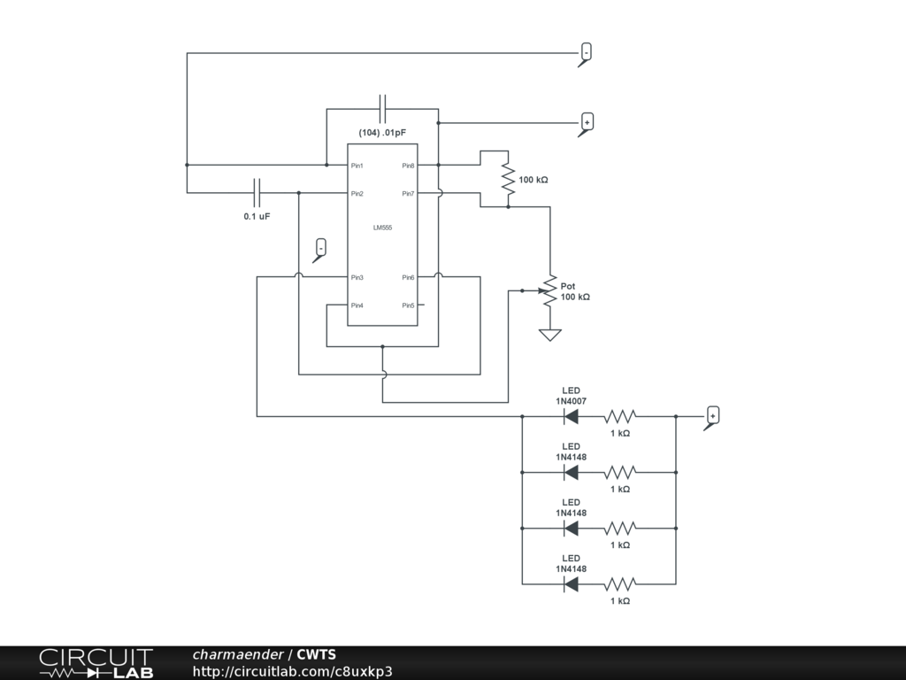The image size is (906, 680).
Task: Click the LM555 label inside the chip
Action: (x=382, y=228)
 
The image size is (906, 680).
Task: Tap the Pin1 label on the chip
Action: (x=357, y=166)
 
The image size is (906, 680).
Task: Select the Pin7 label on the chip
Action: (x=408, y=194)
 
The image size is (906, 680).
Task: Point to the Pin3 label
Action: (x=357, y=278)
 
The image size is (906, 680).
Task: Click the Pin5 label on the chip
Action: (x=408, y=305)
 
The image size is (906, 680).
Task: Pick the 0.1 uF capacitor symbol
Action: (x=257, y=192)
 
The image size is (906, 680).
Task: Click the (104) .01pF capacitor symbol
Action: (x=383, y=109)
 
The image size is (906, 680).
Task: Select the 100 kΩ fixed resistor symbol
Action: (x=508, y=180)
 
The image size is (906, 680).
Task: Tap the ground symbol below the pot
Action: (x=550, y=334)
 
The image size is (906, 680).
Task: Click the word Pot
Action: (x=568, y=286)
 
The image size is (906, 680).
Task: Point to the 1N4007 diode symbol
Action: (x=571, y=416)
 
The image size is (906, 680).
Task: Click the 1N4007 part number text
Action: (x=571, y=401)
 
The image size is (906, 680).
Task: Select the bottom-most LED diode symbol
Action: (x=571, y=583)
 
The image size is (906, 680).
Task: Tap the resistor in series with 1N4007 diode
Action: (x=620, y=416)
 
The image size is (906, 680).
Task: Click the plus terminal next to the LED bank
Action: (x=713, y=414)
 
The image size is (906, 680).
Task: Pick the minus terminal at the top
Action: (x=586, y=52)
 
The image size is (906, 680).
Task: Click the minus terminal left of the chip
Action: (x=321, y=247)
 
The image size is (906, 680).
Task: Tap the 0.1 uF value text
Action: (x=257, y=216)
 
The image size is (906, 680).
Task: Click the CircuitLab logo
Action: (x=96, y=663)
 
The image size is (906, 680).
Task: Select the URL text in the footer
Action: (x=292, y=671)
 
